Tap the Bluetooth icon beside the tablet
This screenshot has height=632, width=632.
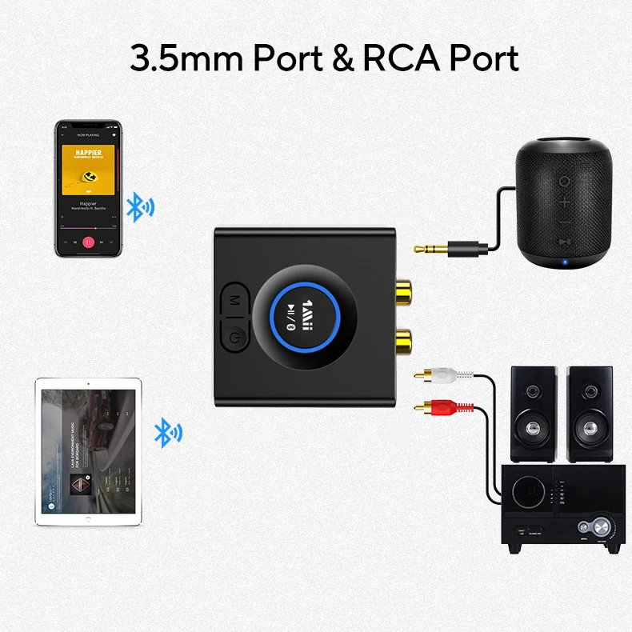pyautogui.click(x=167, y=432)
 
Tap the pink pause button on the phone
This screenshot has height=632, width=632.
pyautogui.click(x=89, y=241)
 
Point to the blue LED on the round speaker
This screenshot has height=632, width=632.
pyautogui.click(x=565, y=260)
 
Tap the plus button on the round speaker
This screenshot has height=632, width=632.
pyautogui.click(x=565, y=201)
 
